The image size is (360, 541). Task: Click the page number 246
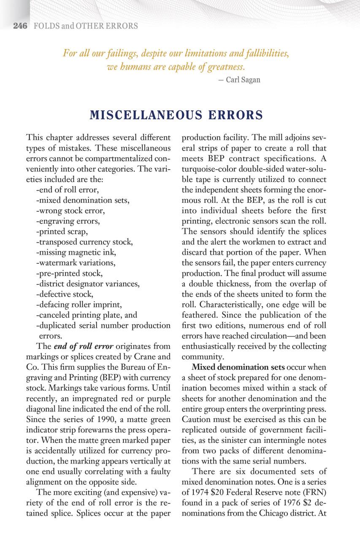click(20, 26)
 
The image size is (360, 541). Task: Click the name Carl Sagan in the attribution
click(243, 79)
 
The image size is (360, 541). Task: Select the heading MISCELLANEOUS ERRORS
click(176, 115)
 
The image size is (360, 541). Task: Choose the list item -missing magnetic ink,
click(76, 252)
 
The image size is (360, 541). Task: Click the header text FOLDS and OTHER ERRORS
click(86, 26)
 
